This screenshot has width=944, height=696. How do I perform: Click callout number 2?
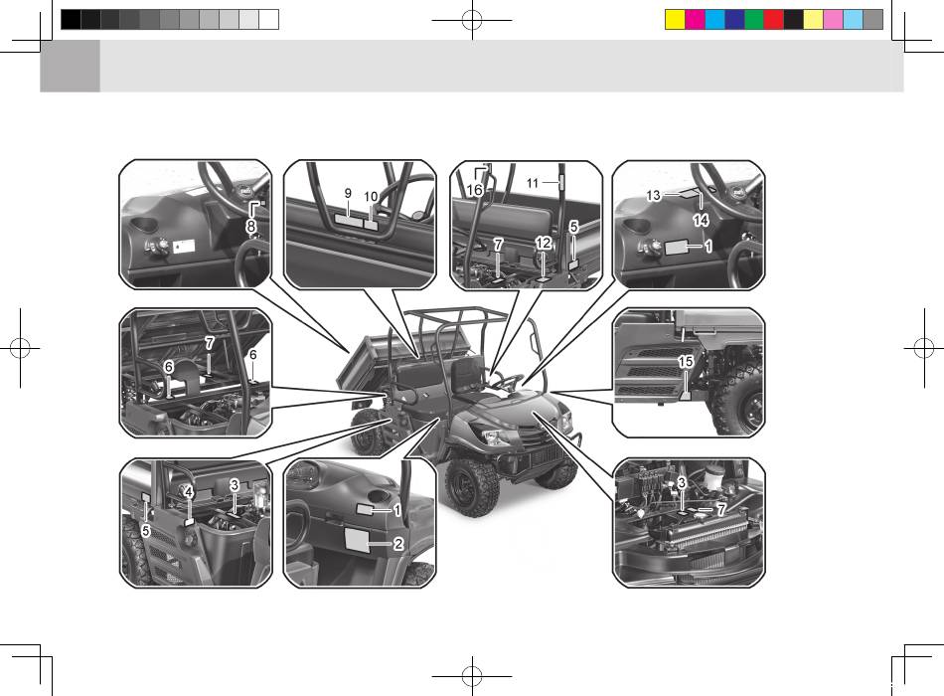point(397,544)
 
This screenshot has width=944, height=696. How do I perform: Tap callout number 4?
point(189,492)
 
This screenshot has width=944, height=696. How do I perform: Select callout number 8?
point(251,227)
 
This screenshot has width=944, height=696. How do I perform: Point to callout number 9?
point(348,194)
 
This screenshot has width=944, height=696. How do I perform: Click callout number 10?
point(371,197)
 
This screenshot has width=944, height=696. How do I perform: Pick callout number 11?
point(533,183)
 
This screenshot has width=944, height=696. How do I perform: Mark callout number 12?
point(543,243)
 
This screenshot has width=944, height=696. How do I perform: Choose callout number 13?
point(653,195)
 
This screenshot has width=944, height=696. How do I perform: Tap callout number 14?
point(701,220)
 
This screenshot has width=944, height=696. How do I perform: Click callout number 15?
point(686,362)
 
